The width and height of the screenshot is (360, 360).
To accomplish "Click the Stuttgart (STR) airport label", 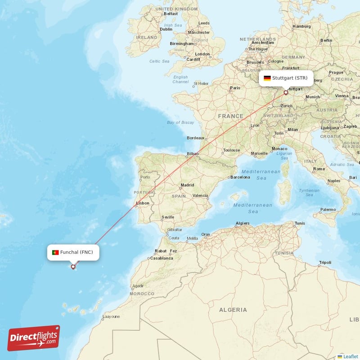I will tap(290, 78).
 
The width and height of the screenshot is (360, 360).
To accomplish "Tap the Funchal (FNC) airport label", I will tap(76, 252).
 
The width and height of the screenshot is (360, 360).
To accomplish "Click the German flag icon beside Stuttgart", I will tap(267, 78).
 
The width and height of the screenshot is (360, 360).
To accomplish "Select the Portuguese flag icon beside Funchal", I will tap(55, 252).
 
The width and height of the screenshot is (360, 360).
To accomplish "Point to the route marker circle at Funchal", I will tap(73, 267).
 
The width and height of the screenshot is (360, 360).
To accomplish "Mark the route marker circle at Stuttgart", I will tap(285, 93).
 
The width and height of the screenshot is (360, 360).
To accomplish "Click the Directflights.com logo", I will tap(34, 338).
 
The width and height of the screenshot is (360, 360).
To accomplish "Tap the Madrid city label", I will tap(187, 185).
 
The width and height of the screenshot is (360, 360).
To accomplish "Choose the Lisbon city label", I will tap(143, 203).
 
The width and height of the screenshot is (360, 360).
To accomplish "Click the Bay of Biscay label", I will tap(180, 122).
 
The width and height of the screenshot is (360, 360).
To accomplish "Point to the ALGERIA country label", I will tap(233, 310).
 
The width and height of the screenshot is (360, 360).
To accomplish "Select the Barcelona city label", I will tap(240, 177).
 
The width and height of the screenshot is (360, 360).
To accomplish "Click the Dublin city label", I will tap(166, 29).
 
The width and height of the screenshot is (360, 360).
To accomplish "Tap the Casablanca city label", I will tap(161, 258).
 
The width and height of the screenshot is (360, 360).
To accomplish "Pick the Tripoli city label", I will tap(325, 262).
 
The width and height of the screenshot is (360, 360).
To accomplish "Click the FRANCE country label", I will tap(230, 116).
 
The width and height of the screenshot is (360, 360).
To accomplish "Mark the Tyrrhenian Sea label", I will tap(309, 193).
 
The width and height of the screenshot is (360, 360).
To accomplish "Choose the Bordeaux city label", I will tap(196, 138).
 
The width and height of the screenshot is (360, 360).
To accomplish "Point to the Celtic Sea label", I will tap(159, 61).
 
